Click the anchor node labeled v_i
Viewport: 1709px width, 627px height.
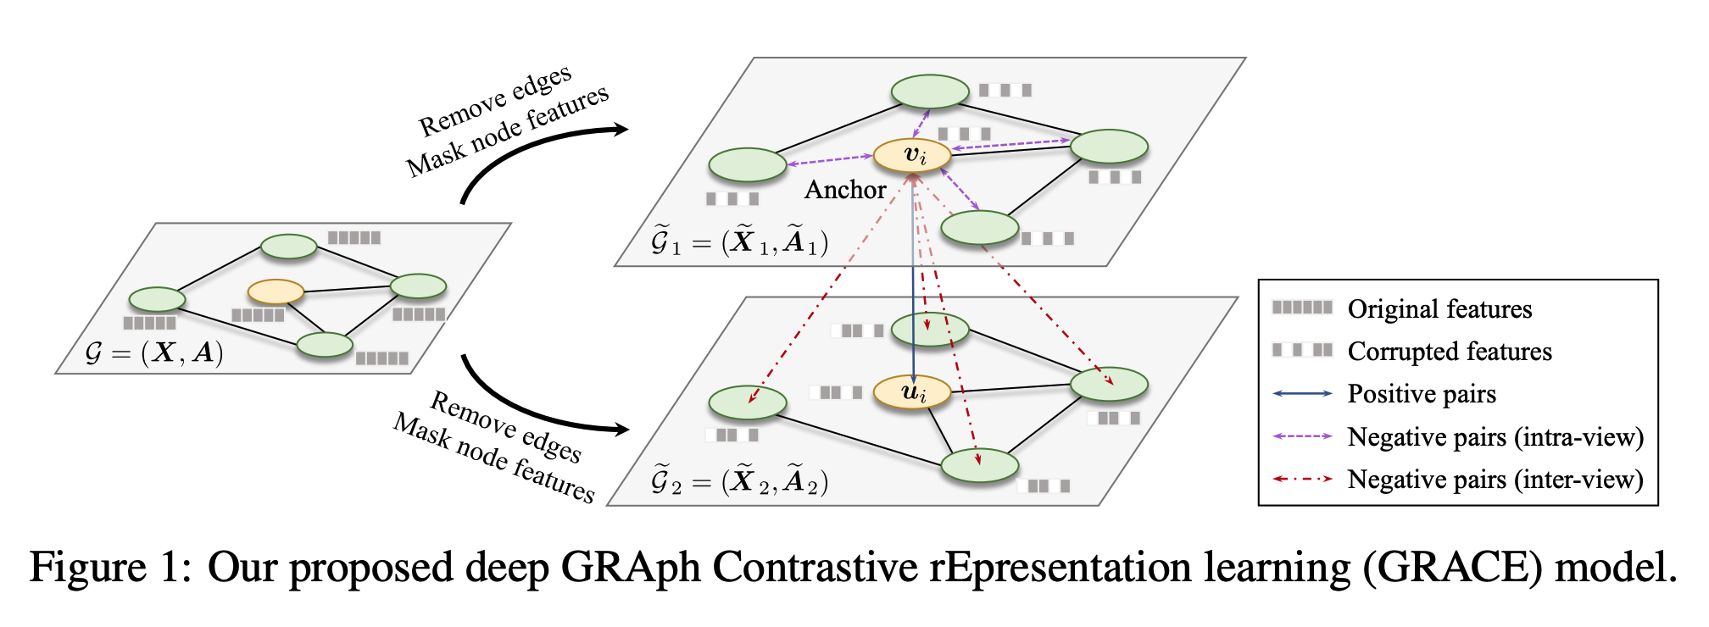coord(912,156)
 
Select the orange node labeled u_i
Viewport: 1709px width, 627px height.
coord(912,391)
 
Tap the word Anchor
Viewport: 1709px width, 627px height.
coord(844,190)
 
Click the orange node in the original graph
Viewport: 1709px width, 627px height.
coord(276,292)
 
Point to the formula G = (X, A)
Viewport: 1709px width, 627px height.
coord(154,352)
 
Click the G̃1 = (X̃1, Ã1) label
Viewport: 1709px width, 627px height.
coord(738,242)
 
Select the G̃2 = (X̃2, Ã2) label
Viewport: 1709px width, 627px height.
coord(738,481)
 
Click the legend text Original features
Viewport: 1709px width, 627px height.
coord(1439,309)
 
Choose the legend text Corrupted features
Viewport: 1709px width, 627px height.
coord(1450,352)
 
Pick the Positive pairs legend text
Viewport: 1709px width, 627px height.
coord(1422,394)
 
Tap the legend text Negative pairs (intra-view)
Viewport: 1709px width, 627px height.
coord(1495,437)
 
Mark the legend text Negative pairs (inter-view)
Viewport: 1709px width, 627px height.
coord(1495,480)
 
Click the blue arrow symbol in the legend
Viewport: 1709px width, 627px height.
coord(1302,394)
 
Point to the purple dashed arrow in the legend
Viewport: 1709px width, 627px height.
coord(1302,436)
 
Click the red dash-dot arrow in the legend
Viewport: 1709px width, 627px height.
coord(1302,480)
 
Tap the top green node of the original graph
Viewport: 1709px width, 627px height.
coord(289,247)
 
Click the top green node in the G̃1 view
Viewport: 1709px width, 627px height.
coord(930,92)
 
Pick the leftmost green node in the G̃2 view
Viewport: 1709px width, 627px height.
coord(748,402)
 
